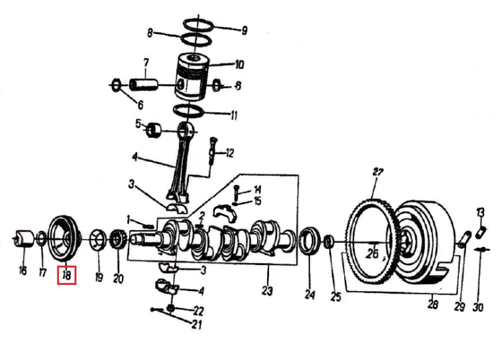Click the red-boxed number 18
coord(66,275)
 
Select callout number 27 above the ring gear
coord(378,172)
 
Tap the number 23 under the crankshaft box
coord(267,291)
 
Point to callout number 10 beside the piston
coord(239,65)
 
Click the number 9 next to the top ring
coord(244,30)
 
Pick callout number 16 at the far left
coord(22,270)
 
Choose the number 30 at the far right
coord(478,307)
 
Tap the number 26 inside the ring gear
coord(372,254)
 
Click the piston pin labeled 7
coord(144,85)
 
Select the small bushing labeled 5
coord(155,130)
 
